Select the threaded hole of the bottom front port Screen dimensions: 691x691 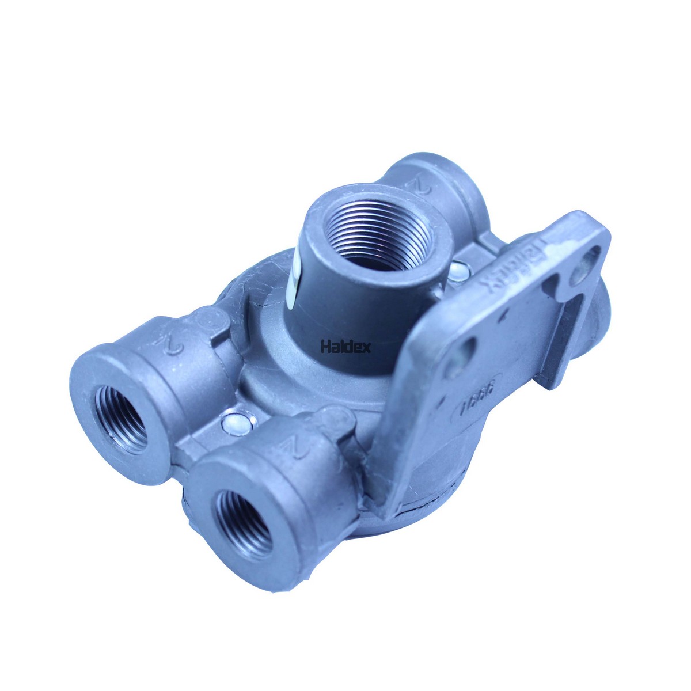242,521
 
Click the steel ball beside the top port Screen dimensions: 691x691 458,269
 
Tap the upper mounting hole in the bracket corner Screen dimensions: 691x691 584,259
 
